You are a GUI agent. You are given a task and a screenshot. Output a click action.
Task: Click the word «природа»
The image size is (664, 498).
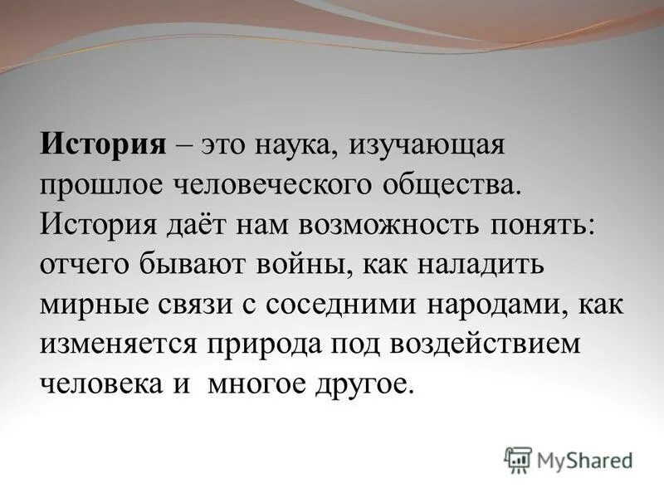[x=270, y=343]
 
